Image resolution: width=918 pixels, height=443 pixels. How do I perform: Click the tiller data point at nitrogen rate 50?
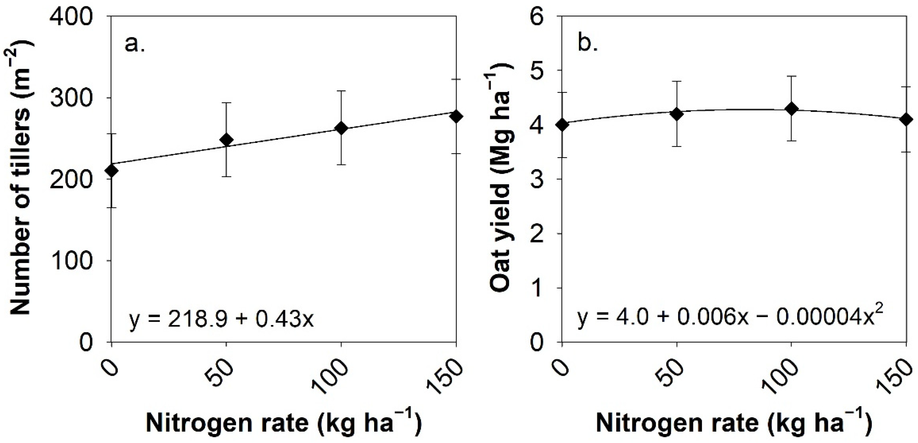[226, 140]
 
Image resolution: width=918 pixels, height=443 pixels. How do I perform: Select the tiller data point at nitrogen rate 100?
[341, 128]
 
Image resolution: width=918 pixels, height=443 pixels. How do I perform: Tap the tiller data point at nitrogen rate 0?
[112, 171]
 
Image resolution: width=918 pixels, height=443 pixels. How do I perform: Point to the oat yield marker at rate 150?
[905, 120]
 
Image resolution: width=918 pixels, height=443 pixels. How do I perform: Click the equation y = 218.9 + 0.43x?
[221, 319]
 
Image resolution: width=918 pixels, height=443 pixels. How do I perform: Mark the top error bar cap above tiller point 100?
[341, 91]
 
